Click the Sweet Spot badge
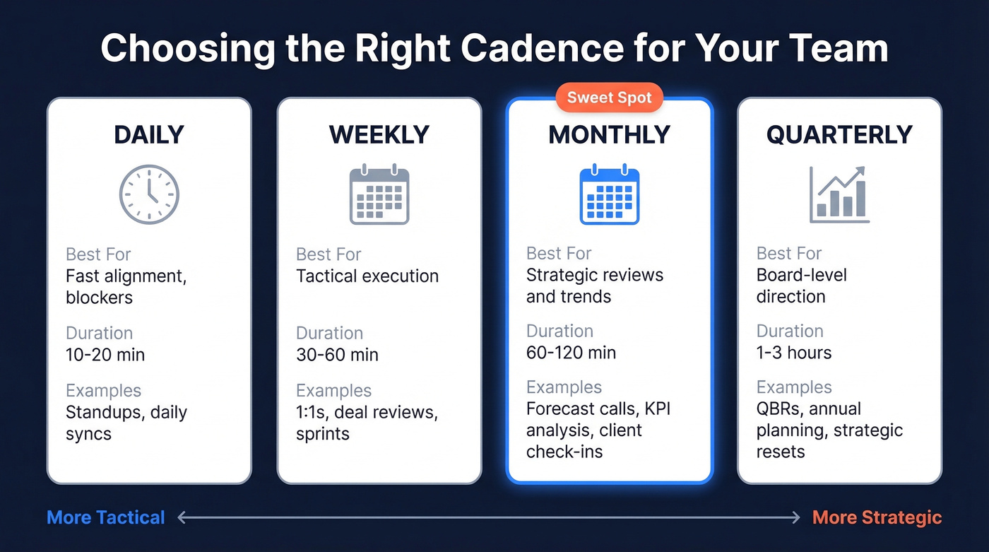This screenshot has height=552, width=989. (610, 98)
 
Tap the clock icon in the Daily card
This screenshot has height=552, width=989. (149, 195)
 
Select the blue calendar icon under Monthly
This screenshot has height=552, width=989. (609, 195)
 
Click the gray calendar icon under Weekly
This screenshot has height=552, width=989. (379, 195)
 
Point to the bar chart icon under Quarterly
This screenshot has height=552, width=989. (839, 195)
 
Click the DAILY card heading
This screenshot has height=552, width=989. (149, 135)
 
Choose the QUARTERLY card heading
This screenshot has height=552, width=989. (839, 135)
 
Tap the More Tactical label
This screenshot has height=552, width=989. (106, 517)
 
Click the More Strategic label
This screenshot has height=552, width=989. (877, 517)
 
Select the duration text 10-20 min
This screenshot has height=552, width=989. (105, 354)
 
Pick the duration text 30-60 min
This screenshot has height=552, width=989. (337, 354)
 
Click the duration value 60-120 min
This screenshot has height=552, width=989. (571, 352)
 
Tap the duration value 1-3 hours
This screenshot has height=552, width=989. (794, 352)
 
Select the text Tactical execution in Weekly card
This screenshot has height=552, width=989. (367, 276)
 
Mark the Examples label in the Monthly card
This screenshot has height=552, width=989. (564, 387)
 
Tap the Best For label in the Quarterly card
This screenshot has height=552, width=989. (789, 254)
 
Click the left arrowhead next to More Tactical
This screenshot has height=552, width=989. (182, 518)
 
